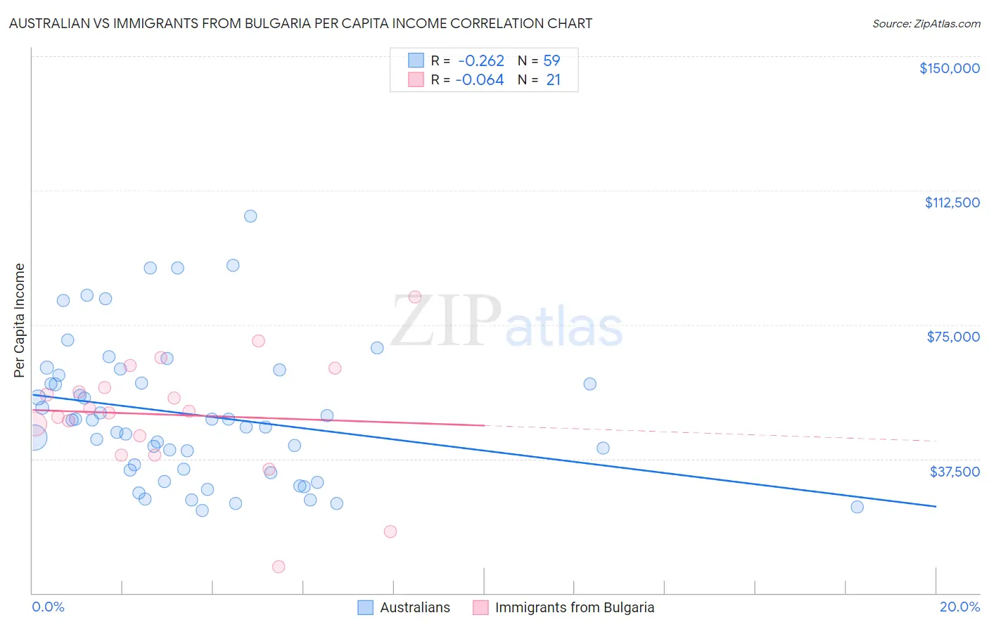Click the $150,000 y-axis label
tap(949, 68)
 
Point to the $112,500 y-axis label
tap(952, 202)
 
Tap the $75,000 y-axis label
tap(952, 337)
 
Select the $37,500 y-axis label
tap(954, 472)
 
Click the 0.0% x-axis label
tap(48, 607)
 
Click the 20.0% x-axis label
tap(959, 607)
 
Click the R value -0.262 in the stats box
tap(481, 61)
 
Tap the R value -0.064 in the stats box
tap(480, 80)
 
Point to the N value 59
tap(551, 61)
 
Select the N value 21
tap(553, 80)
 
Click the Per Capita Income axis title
tap(20, 320)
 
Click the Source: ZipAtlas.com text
tap(926, 24)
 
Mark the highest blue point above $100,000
tap(250, 216)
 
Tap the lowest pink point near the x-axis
tap(279, 567)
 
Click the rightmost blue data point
tap(857, 507)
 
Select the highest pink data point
tap(415, 297)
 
